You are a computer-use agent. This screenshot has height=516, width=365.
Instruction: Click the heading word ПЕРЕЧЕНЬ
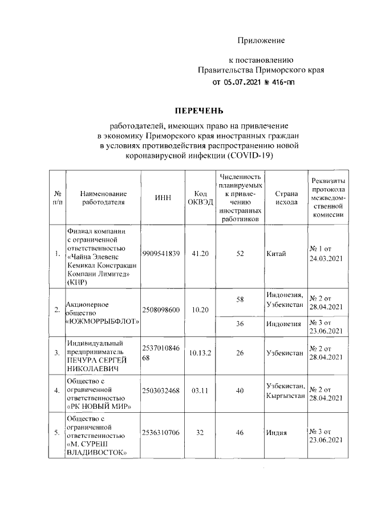pos(199,110)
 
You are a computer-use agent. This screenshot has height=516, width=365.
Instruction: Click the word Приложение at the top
pos(261,40)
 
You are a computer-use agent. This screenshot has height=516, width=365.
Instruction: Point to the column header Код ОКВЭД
pos(200,197)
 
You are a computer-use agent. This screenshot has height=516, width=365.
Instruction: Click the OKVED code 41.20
pos(200,253)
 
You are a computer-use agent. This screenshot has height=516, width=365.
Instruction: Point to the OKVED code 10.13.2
pos(200,353)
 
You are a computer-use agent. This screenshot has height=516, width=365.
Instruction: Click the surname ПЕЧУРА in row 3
pos(83,360)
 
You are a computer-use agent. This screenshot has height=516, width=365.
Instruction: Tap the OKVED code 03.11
pos(200,391)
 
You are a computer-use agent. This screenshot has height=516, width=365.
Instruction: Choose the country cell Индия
pos(277,433)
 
